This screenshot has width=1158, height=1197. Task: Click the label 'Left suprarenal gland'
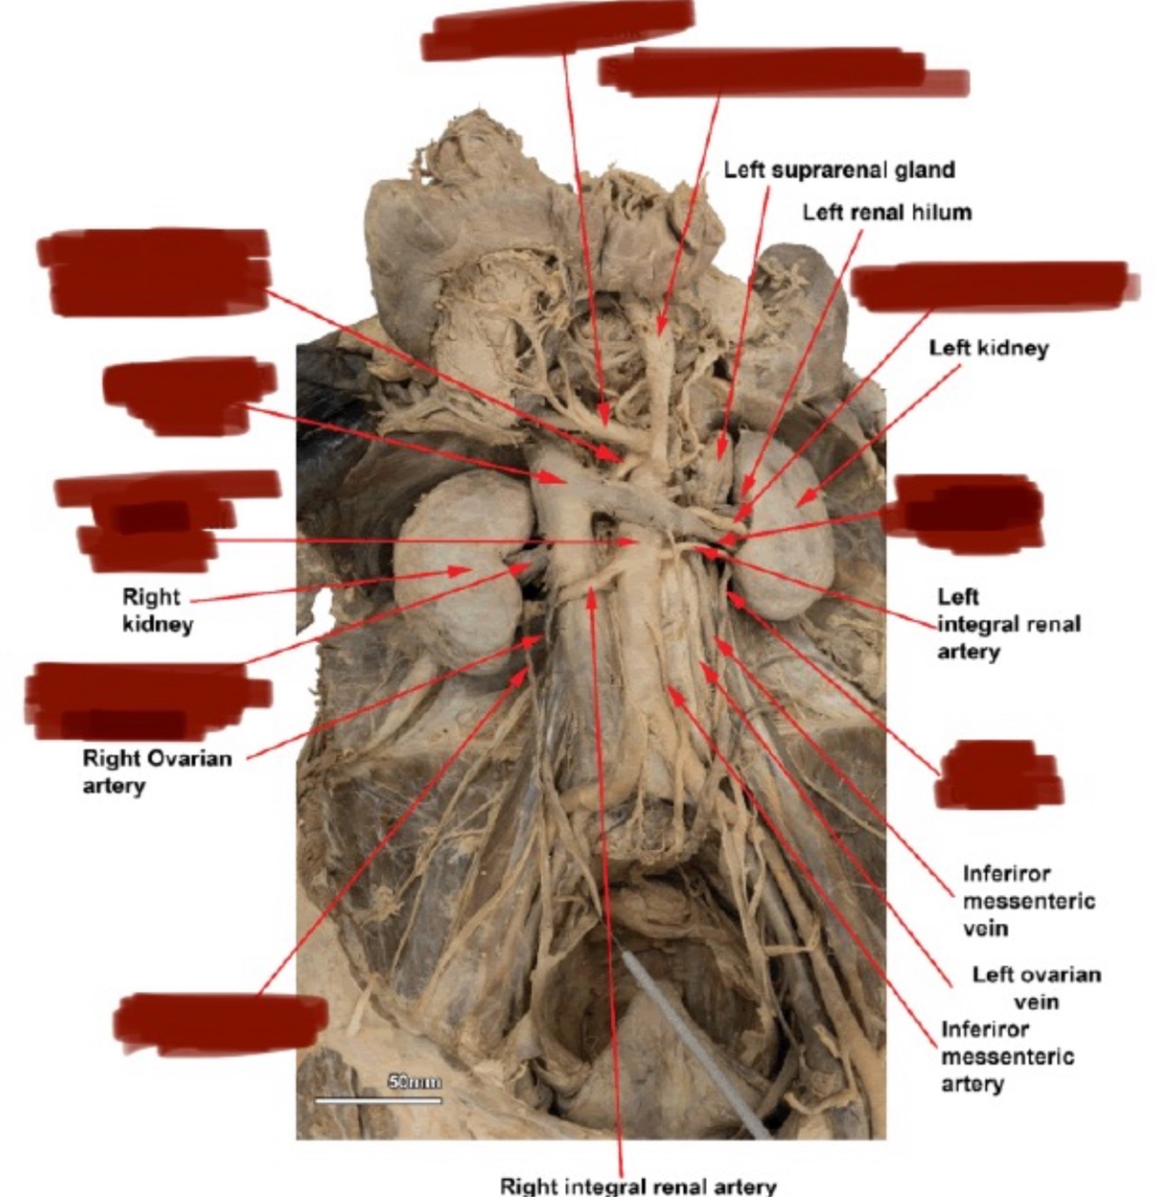click(839, 169)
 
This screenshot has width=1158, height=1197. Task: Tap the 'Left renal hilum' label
click(886, 212)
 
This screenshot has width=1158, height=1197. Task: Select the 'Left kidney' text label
click(989, 348)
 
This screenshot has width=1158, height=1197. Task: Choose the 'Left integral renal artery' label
click(1007, 623)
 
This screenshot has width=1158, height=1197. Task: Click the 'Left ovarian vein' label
click(1036, 988)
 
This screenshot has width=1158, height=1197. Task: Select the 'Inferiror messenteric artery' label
click(1006, 1056)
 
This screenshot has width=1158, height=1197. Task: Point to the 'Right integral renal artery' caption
click(637, 1185)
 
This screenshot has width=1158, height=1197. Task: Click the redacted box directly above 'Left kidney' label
click(990, 286)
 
